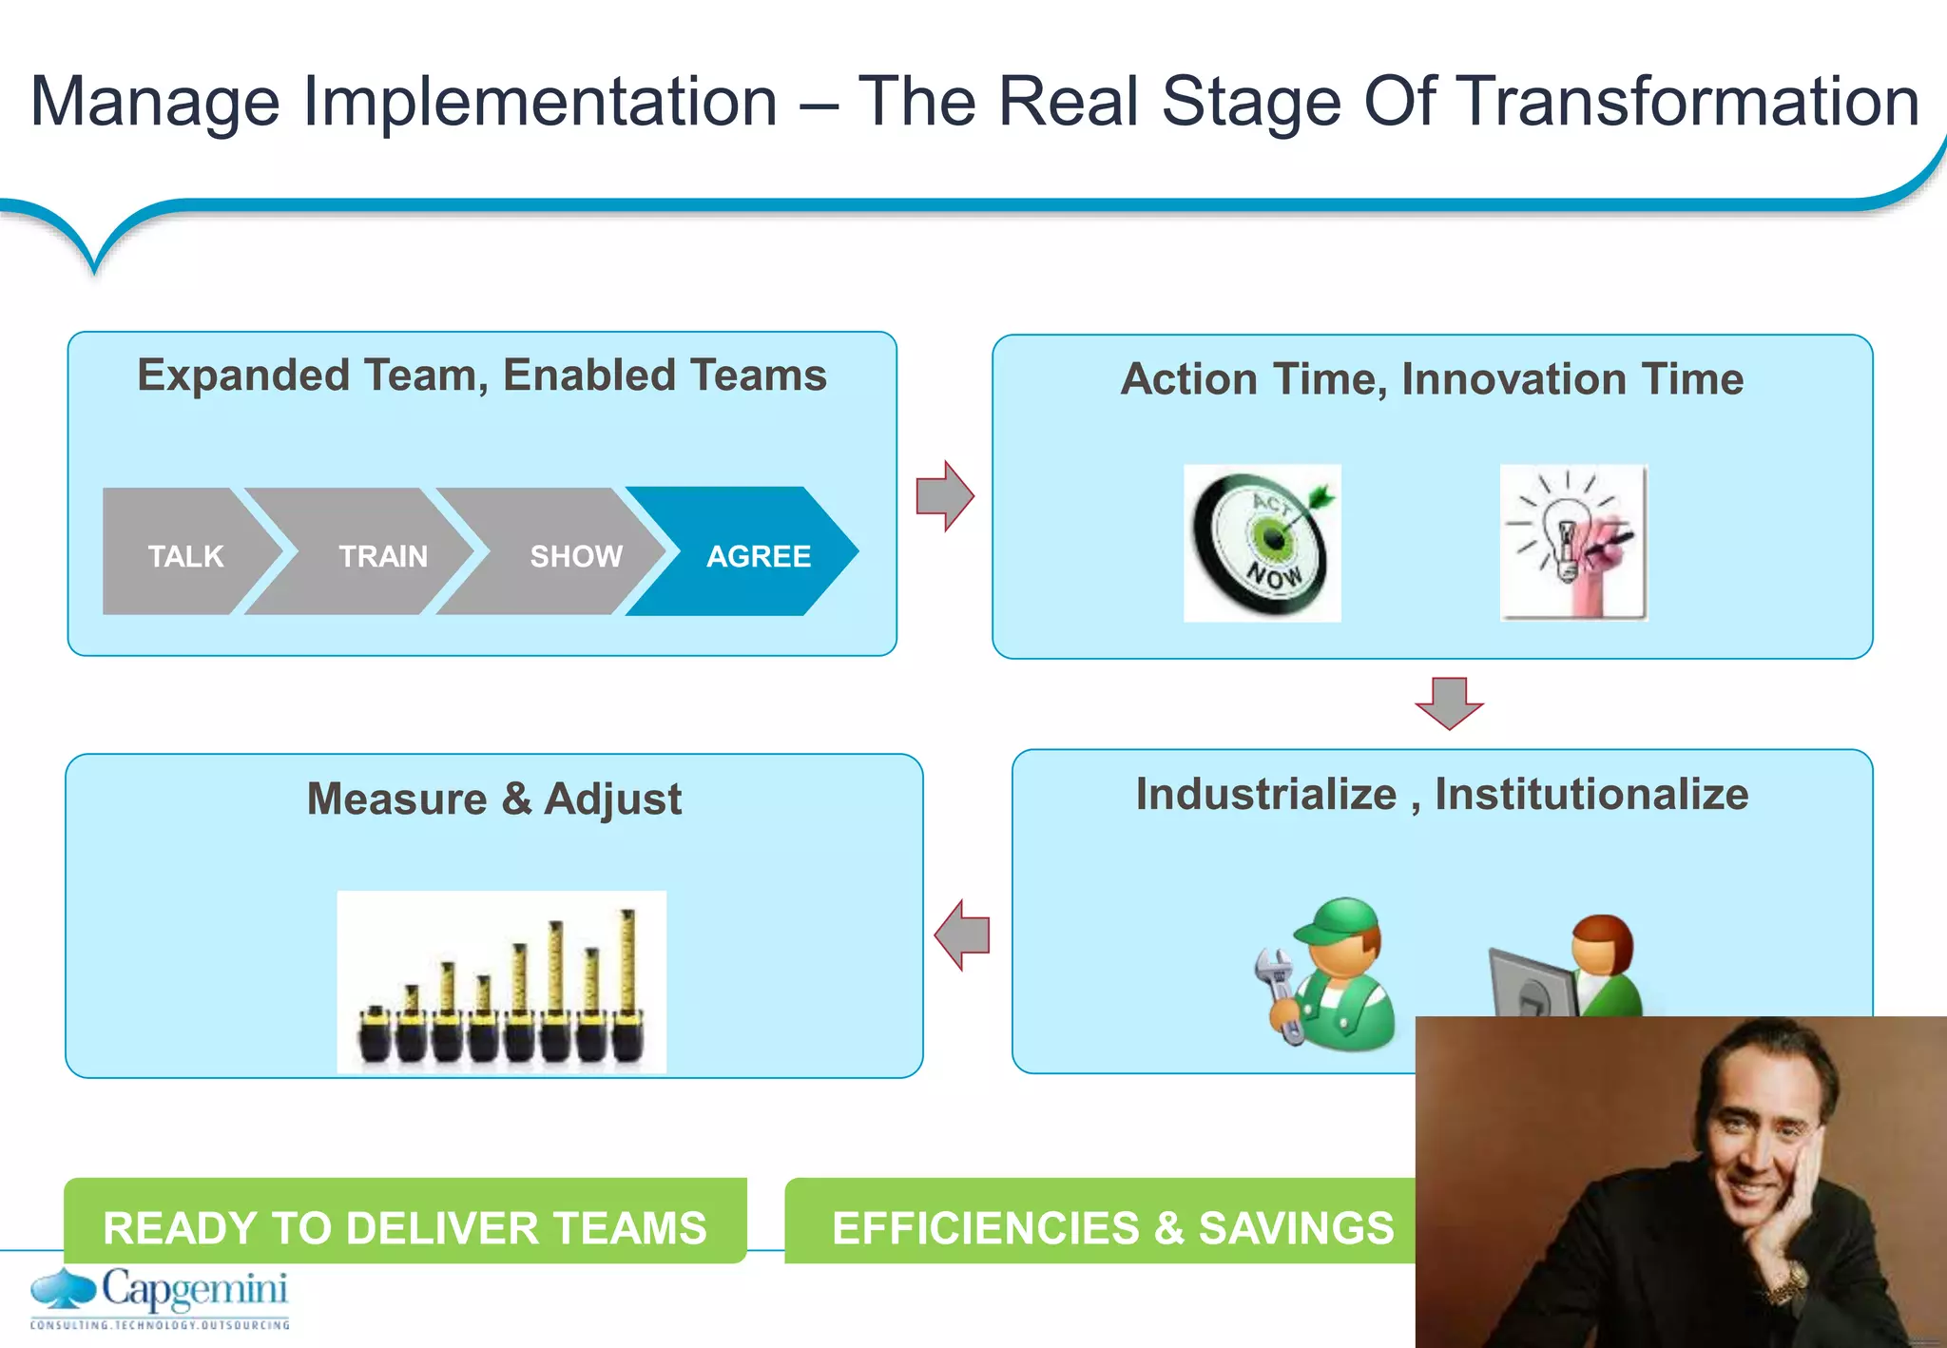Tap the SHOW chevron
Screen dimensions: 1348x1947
coord(566,553)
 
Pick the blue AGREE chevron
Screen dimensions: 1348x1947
coord(751,553)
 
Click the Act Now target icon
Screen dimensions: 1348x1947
coord(1262,543)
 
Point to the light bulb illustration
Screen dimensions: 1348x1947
coord(1573,543)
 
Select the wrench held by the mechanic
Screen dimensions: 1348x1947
coord(1279,993)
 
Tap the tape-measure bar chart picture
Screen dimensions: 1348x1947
coord(501,982)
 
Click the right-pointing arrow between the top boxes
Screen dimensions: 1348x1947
coord(944,496)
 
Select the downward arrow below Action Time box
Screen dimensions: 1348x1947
coord(1449,703)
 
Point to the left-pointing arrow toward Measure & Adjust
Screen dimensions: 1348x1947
coord(962,934)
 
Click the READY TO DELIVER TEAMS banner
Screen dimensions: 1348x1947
coord(405,1225)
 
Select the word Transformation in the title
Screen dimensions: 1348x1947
coord(1688,102)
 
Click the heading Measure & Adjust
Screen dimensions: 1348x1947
coord(493,799)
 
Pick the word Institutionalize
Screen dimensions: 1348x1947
coord(1591,794)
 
